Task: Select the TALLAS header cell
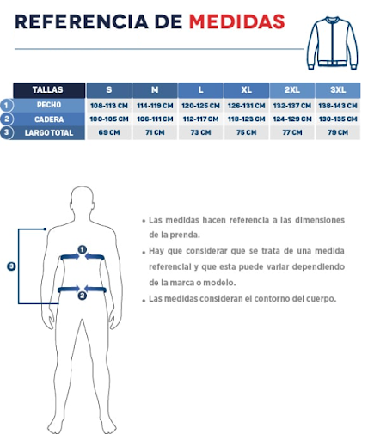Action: tap(50, 89)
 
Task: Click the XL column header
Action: tap(247, 89)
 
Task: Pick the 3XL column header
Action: tap(338, 89)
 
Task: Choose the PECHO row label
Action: tap(49, 105)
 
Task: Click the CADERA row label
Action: tap(49, 119)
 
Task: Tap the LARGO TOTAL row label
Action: tap(49, 132)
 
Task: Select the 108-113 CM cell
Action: tap(108, 105)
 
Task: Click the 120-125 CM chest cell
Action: tap(200, 105)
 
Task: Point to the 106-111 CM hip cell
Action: tap(155, 119)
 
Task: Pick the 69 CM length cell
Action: tap(108, 132)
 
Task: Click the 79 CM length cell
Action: tap(338, 132)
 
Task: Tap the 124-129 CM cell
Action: tap(292, 119)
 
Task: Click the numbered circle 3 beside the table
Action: tap(8, 132)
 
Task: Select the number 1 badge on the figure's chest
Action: tap(83, 250)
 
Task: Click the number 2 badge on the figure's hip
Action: tap(82, 296)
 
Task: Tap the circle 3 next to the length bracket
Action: tap(11, 266)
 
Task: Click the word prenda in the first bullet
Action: tap(184, 234)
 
